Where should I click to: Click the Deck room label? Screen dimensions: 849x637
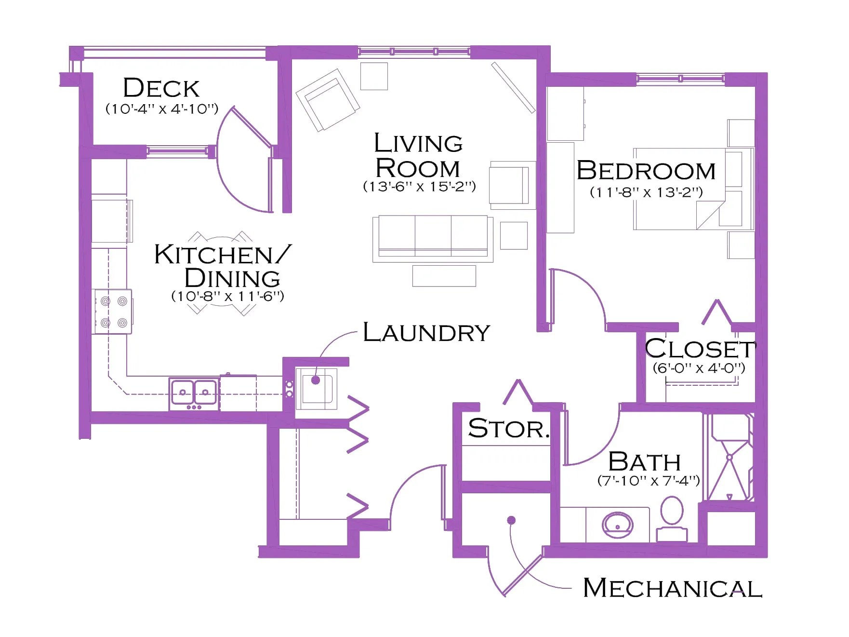(161, 88)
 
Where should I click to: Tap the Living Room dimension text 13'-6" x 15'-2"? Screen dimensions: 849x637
(419, 187)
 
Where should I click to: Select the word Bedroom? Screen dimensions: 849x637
(646, 171)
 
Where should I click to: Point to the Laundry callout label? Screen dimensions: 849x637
(426, 332)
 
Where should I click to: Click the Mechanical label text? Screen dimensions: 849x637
(673, 588)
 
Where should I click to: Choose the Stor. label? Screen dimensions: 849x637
(509, 428)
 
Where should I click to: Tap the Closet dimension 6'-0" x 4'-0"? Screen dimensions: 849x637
(699, 368)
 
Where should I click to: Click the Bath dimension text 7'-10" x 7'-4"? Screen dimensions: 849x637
(649, 481)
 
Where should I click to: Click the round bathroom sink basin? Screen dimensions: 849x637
(617, 525)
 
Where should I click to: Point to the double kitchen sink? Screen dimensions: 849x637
(194, 393)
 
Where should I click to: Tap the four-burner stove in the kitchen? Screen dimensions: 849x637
(113, 312)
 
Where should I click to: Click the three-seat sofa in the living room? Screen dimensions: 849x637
(433, 239)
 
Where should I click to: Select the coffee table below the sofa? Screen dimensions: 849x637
(444, 276)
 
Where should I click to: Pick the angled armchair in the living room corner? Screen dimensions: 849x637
(328, 100)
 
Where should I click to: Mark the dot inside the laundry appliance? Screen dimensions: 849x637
(316, 380)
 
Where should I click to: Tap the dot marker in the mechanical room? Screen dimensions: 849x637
(512, 520)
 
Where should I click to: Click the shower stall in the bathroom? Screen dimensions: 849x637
(729, 457)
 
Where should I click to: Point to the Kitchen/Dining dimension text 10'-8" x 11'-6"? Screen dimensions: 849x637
(228, 296)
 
